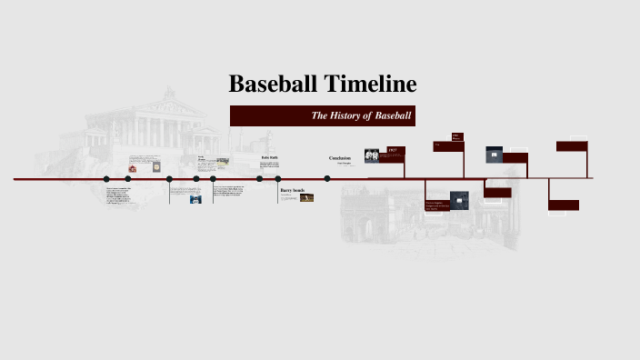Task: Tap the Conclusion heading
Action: point(340,158)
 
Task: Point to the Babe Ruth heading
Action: point(269,158)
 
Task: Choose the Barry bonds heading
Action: point(292,191)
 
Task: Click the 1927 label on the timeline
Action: point(393,150)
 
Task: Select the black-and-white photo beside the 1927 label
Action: point(372,155)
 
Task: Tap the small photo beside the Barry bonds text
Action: point(307,197)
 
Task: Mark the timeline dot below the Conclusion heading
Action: point(327,179)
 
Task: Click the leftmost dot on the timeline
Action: point(106,179)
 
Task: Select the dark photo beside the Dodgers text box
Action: point(460,199)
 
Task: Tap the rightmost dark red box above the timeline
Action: point(571,145)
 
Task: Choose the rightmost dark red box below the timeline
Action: point(564,205)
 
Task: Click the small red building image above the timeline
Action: point(133,168)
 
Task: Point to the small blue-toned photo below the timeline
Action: point(195,199)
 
